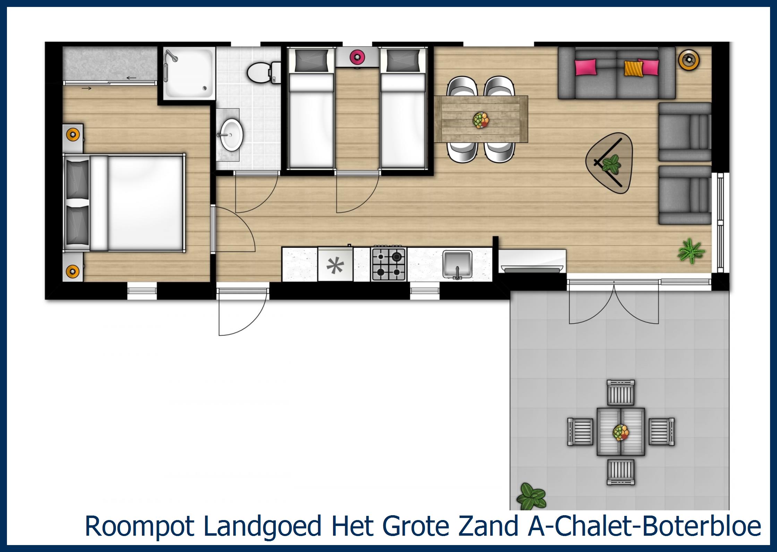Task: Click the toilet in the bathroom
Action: tap(260, 73)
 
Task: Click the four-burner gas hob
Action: tap(389, 264)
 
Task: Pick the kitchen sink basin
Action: tap(458, 264)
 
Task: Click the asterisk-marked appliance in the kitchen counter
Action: tap(335, 266)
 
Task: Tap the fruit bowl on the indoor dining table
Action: tap(481, 120)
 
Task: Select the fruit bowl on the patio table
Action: tap(621, 433)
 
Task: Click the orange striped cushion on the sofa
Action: tap(631, 68)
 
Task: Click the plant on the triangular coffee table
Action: tap(612, 164)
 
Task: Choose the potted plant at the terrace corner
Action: tap(530, 496)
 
